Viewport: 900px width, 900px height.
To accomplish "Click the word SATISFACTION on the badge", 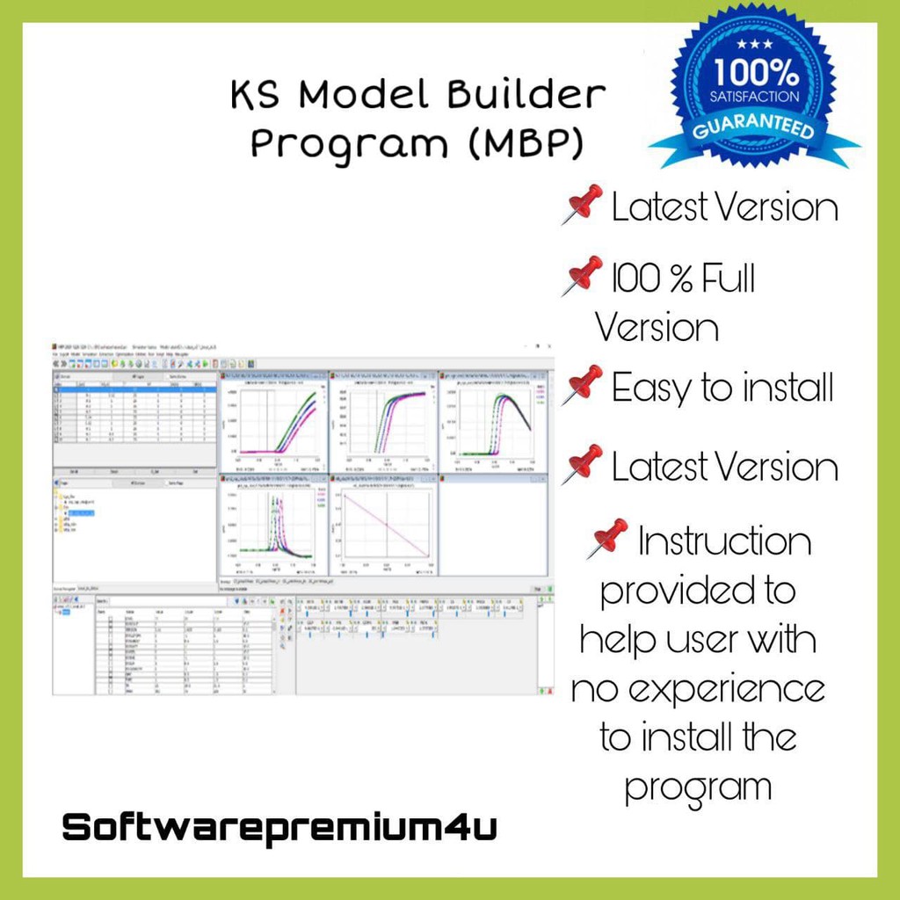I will coord(757,96).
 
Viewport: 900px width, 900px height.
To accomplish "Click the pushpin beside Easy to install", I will coord(583,385).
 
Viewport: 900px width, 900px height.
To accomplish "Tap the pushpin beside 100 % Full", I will coord(583,276).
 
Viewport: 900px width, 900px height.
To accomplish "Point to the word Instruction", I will coord(725,541).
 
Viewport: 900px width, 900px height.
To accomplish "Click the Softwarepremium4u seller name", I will coord(279,828).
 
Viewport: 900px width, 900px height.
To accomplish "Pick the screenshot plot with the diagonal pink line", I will coord(384,525).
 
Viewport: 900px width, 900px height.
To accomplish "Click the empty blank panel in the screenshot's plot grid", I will coord(493,525).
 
